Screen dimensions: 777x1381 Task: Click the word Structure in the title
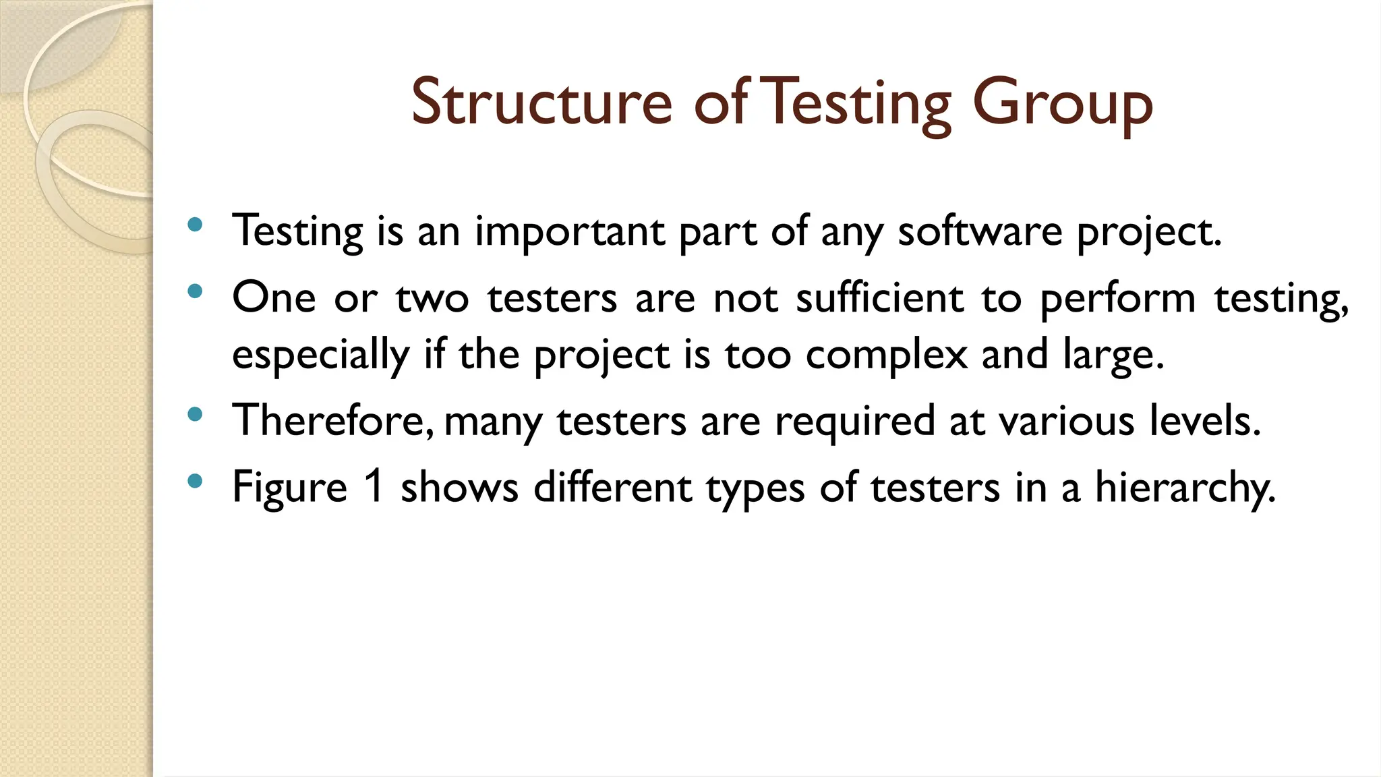pos(541,103)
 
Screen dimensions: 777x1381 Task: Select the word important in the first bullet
pos(570,231)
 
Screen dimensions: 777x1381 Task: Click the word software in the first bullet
pos(980,231)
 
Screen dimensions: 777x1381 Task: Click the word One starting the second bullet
pos(274,297)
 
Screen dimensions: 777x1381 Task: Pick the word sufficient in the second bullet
pos(880,297)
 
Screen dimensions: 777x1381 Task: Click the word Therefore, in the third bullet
pos(333,420)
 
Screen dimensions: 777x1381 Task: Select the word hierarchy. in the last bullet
pos(1185,487)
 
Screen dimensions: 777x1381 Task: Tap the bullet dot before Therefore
pos(195,414)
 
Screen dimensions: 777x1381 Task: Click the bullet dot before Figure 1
pos(195,481)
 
